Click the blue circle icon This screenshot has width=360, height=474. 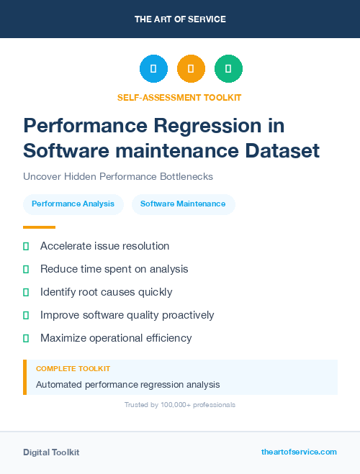(x=153, y=69)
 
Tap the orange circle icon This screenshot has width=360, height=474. (x=191, y=69)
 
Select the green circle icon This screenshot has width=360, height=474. (x=228, y=69)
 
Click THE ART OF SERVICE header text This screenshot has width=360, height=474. (x=180, y=19)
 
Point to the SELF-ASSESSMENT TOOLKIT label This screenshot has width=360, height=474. (x=179, y=97)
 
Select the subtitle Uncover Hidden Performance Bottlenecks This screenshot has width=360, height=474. (x=118, y=176)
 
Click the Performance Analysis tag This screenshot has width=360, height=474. (x=73, y=204)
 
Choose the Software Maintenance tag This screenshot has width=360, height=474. (x=183, y=204)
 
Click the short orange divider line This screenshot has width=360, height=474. (x=39, y=227)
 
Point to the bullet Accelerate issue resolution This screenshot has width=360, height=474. (x=104, y=246)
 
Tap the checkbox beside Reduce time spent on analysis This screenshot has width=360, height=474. (x=26, y=269)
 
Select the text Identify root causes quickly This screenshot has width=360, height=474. (x=106, y=292)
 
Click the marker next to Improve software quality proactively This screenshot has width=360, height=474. (x=26, y=315)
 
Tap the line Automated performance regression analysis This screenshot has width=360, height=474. (x=127, y=385)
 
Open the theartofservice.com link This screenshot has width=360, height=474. (x=299, y=452)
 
